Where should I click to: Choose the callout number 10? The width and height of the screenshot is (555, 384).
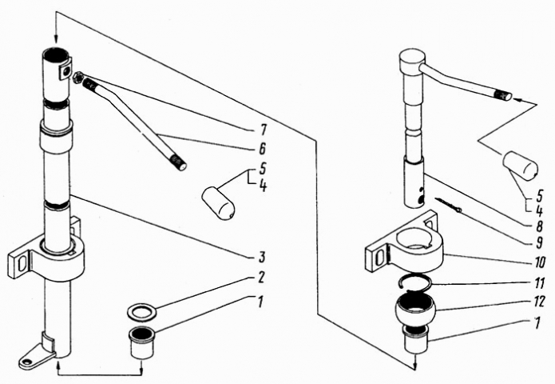(x=540, y=262)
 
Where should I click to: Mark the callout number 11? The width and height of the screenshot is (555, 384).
(x=540, y=282)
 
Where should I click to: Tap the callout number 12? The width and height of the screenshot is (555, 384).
(x=540, y=302)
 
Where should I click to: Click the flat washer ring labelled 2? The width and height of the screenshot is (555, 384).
(x=141, y=309)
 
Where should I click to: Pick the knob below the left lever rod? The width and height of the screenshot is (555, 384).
(x=217, y=202)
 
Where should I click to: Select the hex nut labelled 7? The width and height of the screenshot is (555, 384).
(x=77, y=78)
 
